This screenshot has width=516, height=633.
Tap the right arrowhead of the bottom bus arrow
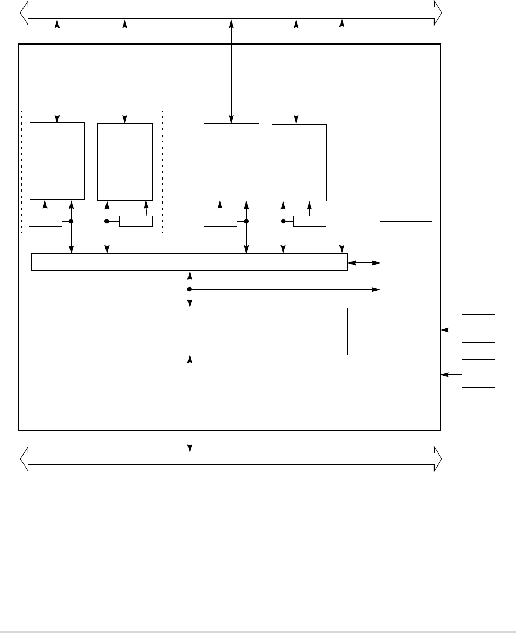point(438,459)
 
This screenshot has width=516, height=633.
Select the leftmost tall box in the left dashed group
point(57,161)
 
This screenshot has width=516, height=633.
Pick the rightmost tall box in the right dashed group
point(299,162)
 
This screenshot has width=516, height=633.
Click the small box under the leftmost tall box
point(45,221)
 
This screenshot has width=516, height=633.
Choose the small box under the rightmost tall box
point(310,221)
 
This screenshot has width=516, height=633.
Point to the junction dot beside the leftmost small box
point(71,221)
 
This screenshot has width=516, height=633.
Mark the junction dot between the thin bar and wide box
point(190,289)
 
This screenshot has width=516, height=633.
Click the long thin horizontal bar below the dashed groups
point(189,262)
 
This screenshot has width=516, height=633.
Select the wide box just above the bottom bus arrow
point(189,331)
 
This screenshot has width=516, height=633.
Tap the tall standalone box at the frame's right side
point(406,277)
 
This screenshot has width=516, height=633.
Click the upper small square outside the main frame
point(478,329)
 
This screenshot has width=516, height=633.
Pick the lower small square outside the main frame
point(478,373)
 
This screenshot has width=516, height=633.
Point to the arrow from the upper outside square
point(451,330)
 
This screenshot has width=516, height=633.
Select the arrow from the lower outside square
point(451,374)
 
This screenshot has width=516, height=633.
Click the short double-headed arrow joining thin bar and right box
point(363,264)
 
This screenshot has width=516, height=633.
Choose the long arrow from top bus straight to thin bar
point(342,136)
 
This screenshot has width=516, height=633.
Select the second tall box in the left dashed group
point(125,162)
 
